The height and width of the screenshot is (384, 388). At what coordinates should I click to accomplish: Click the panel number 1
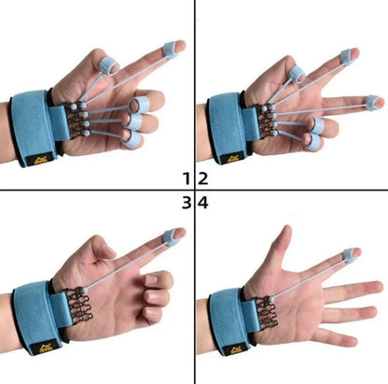pos(187,178)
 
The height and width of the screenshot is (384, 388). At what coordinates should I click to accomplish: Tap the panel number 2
pos(202,178)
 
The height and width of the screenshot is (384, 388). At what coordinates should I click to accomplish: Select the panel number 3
pos(187,203)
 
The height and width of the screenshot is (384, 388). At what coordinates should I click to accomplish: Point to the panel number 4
pos(203,203)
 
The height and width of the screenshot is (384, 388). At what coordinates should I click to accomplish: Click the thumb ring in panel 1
pos(109,65)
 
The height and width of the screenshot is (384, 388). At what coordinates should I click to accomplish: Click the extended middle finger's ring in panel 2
pos(372,103)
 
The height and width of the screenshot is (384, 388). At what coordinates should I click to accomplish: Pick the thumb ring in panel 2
pos(297,73)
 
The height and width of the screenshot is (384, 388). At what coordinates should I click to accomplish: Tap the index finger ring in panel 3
pos(170,236)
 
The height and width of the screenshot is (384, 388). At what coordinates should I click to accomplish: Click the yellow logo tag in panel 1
pos(41,160)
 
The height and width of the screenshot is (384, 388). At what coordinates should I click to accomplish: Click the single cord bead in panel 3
pos(84,291)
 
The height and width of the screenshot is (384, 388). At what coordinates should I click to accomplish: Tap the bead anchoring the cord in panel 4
pos(272,299)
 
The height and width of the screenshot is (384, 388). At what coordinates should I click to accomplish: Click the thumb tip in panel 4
pos(287,231)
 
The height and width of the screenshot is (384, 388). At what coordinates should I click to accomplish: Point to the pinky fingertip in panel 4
pos(350,340)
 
